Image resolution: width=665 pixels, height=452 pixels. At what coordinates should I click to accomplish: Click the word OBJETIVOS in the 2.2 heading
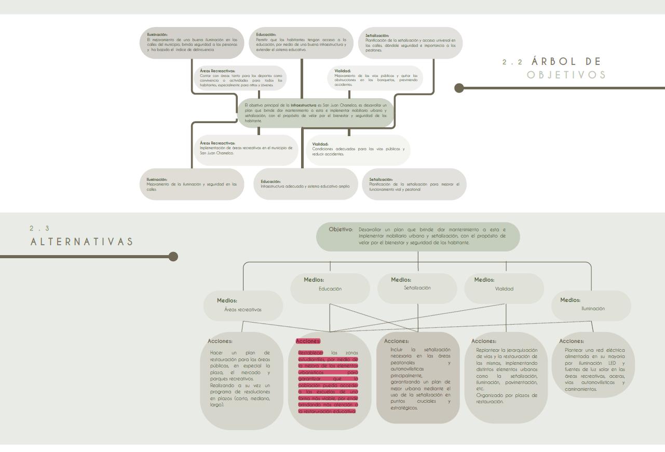click(x=566, y=75)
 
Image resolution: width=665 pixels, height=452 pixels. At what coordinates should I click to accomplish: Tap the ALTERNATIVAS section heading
click(x=82, y=242)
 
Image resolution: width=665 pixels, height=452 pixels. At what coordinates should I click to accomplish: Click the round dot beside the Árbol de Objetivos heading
click(x=459, y=88)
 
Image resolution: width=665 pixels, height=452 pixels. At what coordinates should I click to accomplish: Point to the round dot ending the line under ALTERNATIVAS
click(x=173, y=256)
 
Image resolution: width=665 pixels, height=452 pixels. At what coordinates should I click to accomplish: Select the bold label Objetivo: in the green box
click(x=341, y=229)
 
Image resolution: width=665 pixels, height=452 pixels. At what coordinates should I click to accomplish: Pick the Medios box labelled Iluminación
click(x=591, y=305)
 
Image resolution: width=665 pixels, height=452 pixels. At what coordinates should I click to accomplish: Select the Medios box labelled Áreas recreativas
click(x=243, y=305)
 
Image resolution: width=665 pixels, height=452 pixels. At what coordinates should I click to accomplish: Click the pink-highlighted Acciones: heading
click(x=308, y=341)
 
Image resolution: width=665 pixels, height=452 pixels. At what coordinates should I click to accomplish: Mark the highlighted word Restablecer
click(x=310, y=353)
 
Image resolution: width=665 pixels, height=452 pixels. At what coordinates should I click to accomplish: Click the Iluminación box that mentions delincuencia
click(x=192, y=43)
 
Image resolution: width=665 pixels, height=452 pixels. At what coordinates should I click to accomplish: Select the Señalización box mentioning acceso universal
click(x=410, y=43)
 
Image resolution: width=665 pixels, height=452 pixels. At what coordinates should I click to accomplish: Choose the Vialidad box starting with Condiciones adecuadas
click(x=358, y=150)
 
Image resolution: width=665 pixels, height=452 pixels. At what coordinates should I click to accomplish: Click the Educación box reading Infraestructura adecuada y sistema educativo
click(x=305, y=184)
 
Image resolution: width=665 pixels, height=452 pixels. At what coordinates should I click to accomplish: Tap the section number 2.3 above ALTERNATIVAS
click(x=39, y=229)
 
